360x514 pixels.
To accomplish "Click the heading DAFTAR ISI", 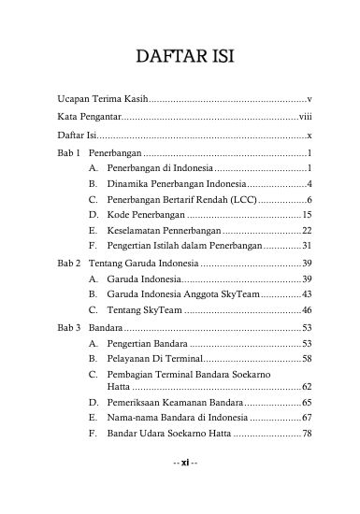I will (x=180, y=57).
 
